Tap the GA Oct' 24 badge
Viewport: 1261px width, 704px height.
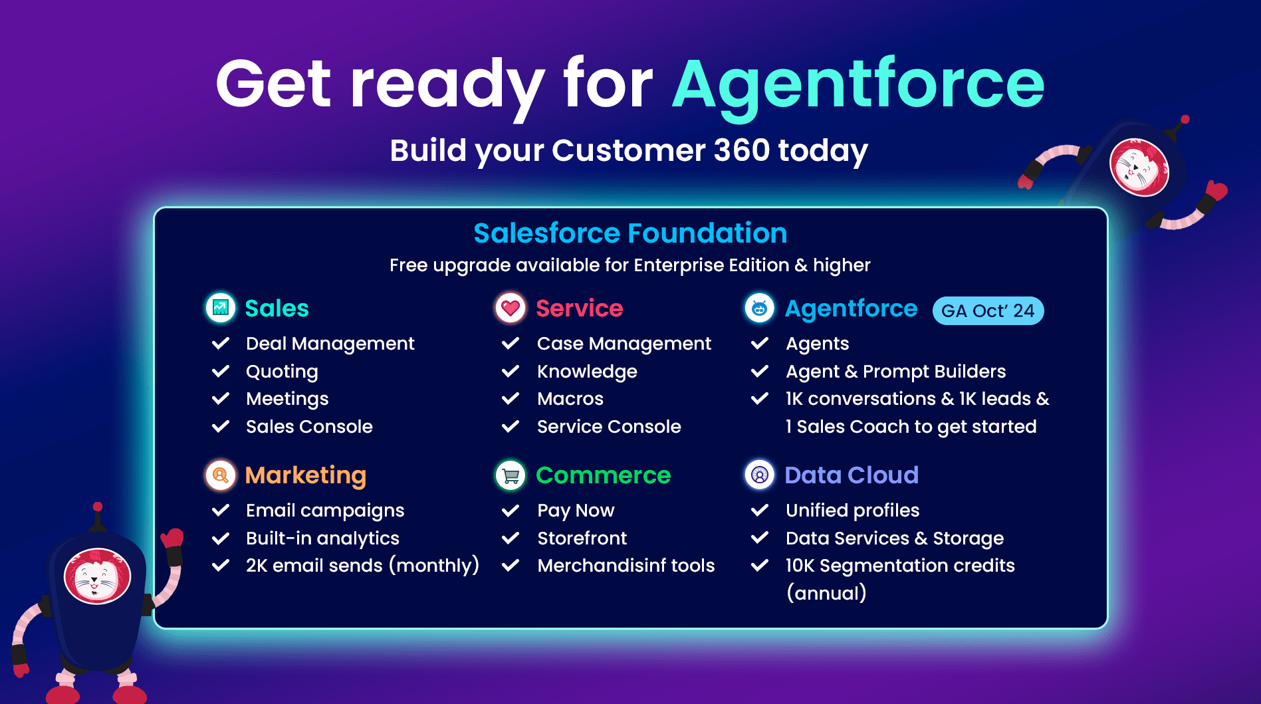tap(988, 310)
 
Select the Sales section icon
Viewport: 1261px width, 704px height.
tap(221, 308)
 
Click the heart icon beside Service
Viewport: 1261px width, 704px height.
tap(511, 308)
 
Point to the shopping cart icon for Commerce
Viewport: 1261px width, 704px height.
tap(511, 475)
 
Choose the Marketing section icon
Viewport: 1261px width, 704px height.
tap(221, 475)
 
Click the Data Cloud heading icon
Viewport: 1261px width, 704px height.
tap(760, 475)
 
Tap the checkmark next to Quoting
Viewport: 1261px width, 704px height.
tap(221, 371)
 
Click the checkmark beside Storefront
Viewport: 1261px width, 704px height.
tap(511, 538)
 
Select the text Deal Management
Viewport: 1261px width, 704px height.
tap(330, 344)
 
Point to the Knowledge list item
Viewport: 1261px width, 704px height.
tap(587, 372)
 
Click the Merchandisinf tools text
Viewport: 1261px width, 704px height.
tap(626, 565)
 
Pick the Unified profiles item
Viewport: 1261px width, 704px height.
tap(852, 511)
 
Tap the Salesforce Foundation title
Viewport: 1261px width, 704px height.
tap(630, 233)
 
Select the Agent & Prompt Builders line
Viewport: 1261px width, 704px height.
tap(895, 372)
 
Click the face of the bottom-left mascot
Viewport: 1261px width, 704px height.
tap(98, 576)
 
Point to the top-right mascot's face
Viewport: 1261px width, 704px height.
tap(1139, 167)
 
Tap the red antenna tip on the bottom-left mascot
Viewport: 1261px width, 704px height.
tap(98, 507)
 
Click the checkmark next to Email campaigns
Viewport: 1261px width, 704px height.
tap(221, 511)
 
